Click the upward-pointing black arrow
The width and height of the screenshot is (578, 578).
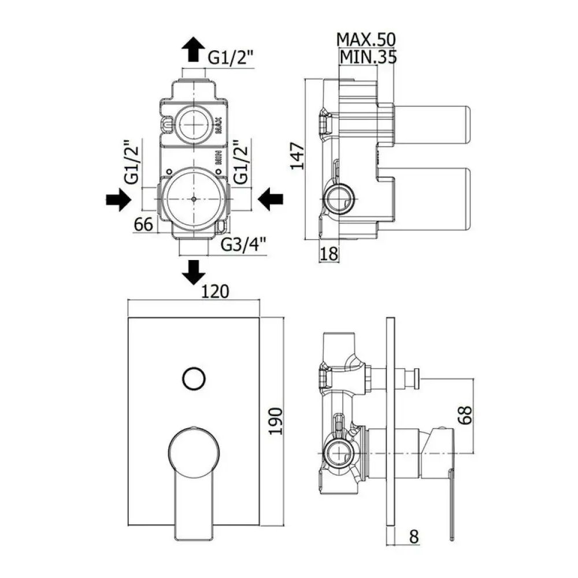point(193,50)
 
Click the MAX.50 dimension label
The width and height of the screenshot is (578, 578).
point(366,39)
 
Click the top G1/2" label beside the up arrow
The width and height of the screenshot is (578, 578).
point(231,58)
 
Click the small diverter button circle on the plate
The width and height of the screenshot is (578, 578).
point(193,379)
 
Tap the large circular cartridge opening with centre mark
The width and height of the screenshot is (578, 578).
point(193,198)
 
